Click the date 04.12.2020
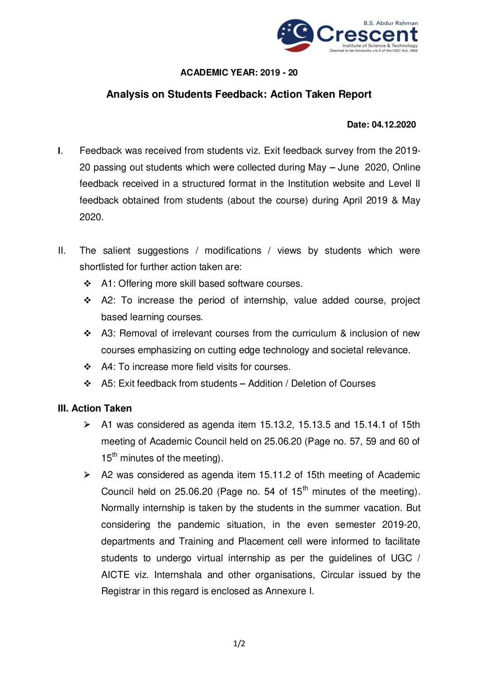coord(394,125)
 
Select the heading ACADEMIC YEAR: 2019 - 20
coord(239,73)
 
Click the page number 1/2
coord(239,644)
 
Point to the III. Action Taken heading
coord(95,408)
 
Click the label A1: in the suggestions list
coord(108,284)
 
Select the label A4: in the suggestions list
coord(108,367)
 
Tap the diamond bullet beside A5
coord(87,383)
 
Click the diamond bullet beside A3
coord(87,333)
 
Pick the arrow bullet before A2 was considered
coord(87,475)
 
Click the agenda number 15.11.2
coord(275,475)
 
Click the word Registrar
coord(121,592)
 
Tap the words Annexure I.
coord(289,592)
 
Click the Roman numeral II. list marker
coord(62,251)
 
